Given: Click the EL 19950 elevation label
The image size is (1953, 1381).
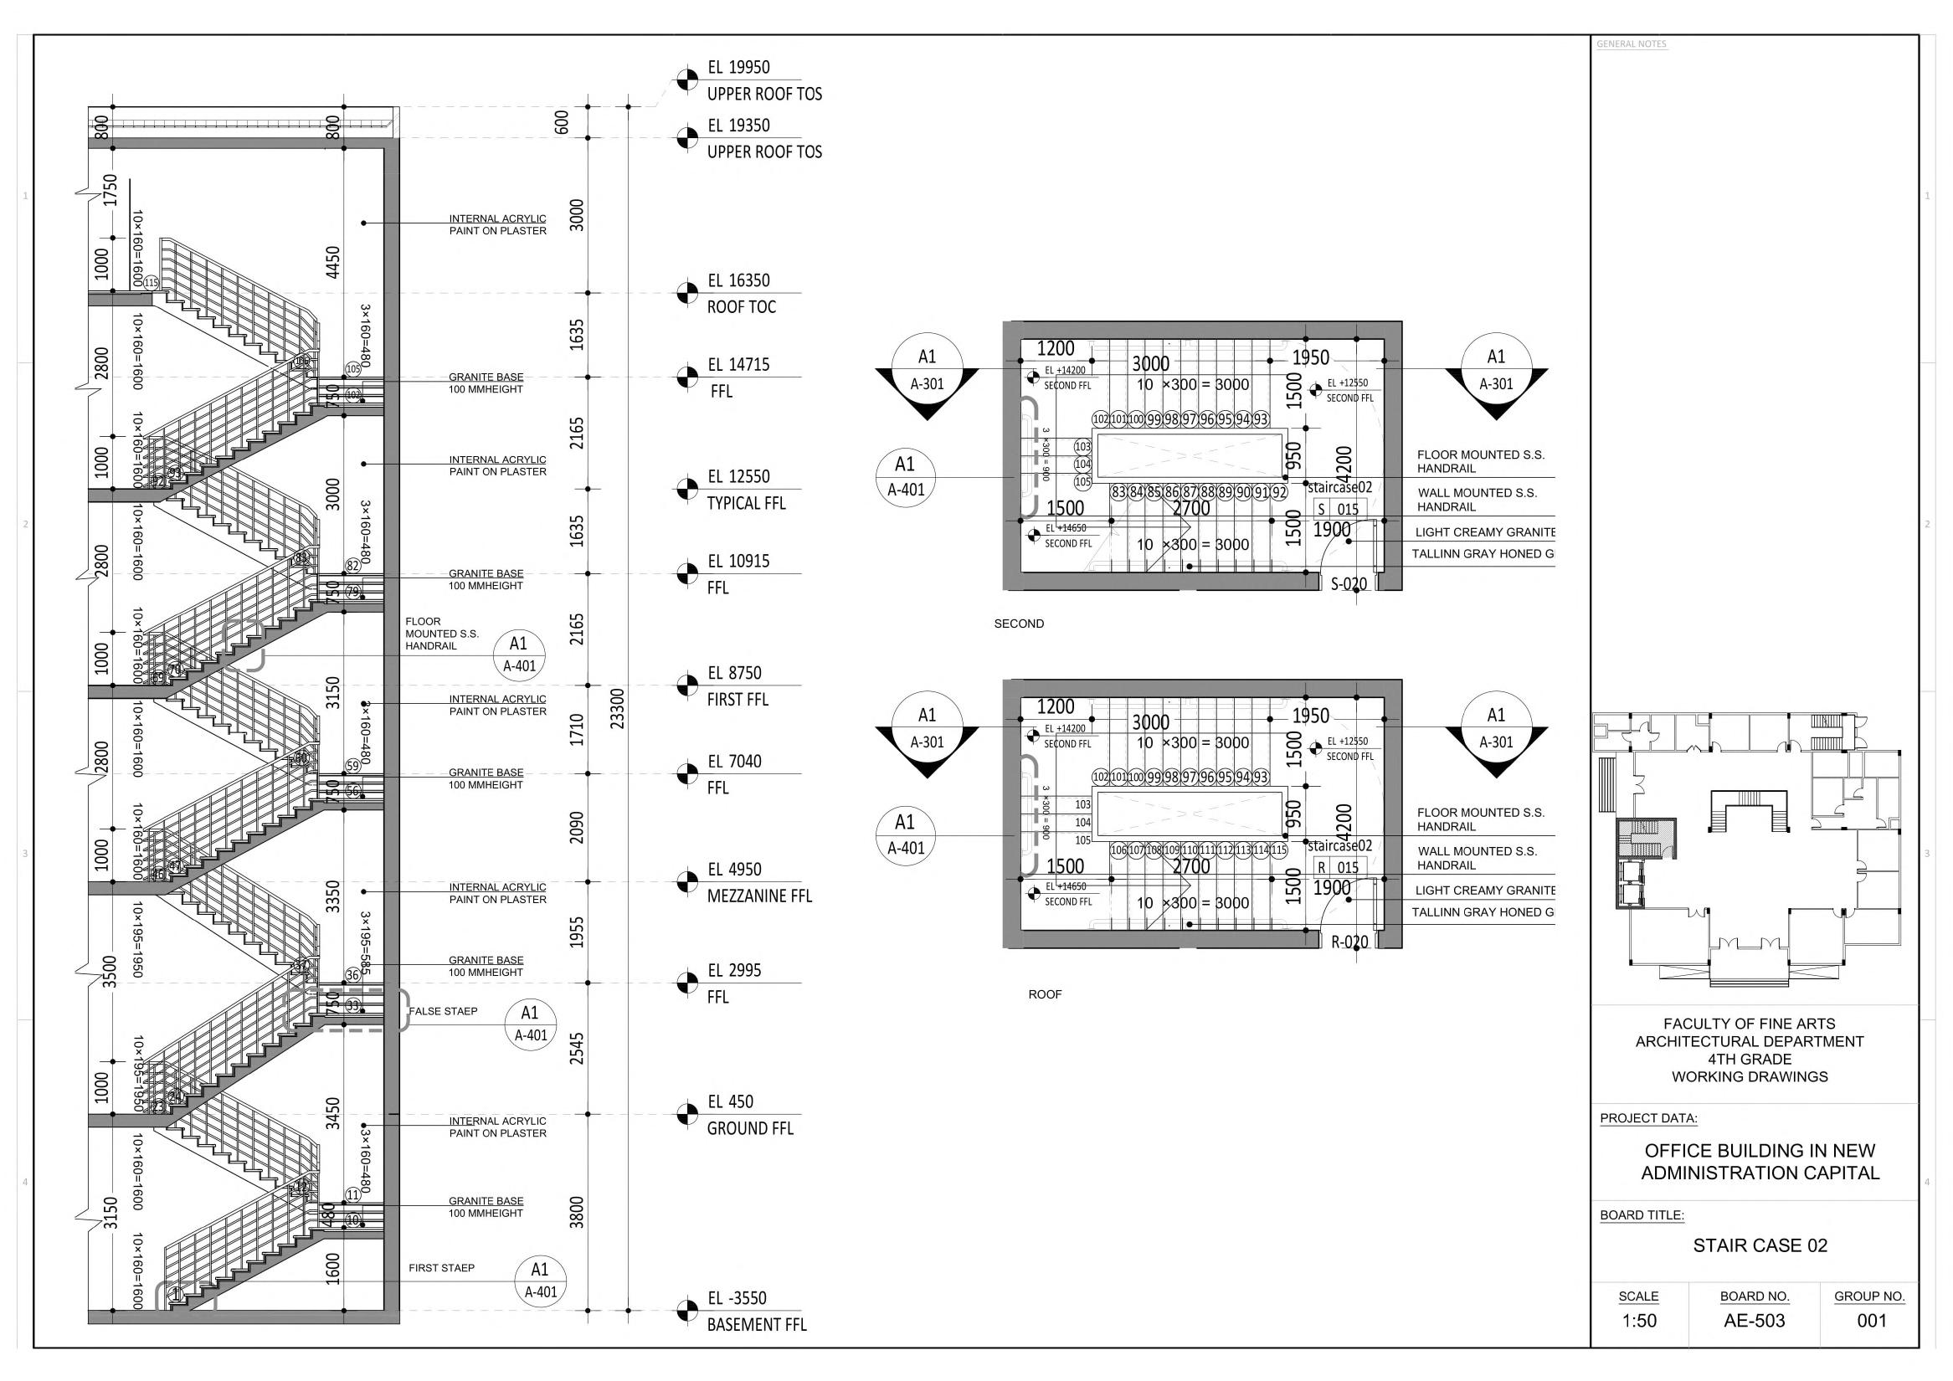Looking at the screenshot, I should click(x=738, y=67).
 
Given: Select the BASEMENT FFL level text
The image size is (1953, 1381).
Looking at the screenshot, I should click(x=756, y=1324).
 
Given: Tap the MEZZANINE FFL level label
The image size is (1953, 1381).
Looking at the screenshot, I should click(x=758, y=896).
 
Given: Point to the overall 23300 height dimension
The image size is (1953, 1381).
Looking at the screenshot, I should click(x=618, y=707).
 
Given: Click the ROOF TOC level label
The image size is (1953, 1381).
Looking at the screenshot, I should click(x=741, y=307).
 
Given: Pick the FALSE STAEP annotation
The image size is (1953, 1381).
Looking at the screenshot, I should click(x=442, y=1011).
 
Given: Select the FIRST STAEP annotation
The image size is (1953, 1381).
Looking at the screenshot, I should click(x=441, y=1268).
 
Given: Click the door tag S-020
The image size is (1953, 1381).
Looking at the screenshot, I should click(x=1349, y=584).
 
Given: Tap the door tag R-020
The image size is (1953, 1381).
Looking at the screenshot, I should click(x=1349, y=942).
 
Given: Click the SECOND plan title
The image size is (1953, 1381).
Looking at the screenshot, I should click(x=1018, y=624).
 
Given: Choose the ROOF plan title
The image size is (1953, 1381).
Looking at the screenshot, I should click(x=1045, y=994).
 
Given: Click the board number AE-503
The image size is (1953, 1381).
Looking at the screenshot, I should click(x=1754, y=1321).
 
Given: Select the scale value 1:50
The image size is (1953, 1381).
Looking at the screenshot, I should click(x=1638, y=1321).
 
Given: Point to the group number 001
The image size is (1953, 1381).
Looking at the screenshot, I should click(x=1871, y=1321).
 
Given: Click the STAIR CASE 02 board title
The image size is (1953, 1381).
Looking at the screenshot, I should click(x=1760, y=1245).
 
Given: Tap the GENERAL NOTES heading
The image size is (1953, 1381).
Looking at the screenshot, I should click(x=1631, y=44).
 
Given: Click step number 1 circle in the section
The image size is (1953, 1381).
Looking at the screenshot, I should click(x=176, y=1294).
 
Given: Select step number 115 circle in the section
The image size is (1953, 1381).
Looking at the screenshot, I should click(x=152, y=283).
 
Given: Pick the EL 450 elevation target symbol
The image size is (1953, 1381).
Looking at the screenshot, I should click(x=686, y=1114).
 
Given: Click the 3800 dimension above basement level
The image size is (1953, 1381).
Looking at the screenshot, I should click(x=577, y=1212).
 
